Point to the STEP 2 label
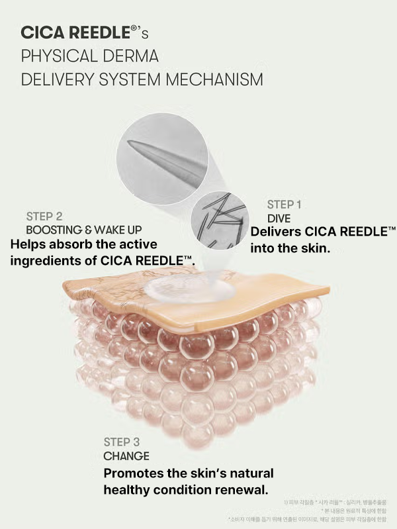click(44, 216)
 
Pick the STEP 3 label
click(126, 442)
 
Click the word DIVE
click(279, 218)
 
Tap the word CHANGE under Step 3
click(126, 456)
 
